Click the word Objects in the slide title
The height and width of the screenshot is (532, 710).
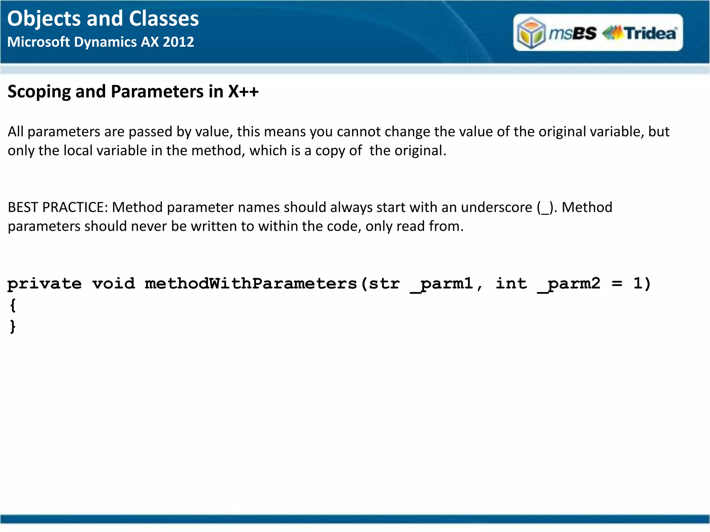[x=44, y=19]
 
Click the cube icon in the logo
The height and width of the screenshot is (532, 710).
[x=531, y=33]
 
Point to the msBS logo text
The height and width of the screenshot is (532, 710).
[x=572, y=33]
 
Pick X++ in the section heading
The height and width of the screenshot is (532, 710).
[x=243, y=91]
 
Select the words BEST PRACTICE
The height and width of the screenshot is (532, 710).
[x=58, y=207]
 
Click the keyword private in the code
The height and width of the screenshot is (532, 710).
[x=44, y=284]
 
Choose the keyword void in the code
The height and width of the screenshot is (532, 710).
[x=113, y=284]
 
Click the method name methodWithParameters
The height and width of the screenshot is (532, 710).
[x=251, y=284]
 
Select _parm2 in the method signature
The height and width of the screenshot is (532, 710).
[x=569, y=284]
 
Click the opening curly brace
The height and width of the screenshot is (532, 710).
[x=13, y=305]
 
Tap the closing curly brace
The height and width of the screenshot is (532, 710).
[x=13, y=326]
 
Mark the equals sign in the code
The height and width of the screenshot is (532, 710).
[x=617, y=284]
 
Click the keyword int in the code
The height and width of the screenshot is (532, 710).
[x=511, y=283]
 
